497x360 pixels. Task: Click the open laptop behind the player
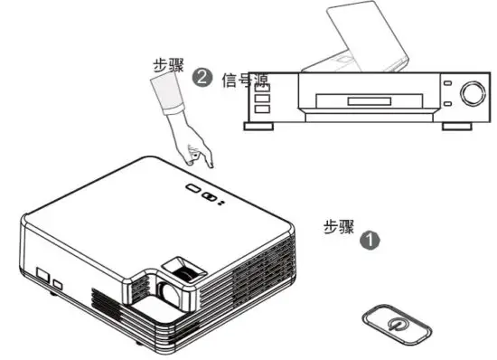[352, 36]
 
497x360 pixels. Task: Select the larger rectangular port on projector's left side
[42, 274]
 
